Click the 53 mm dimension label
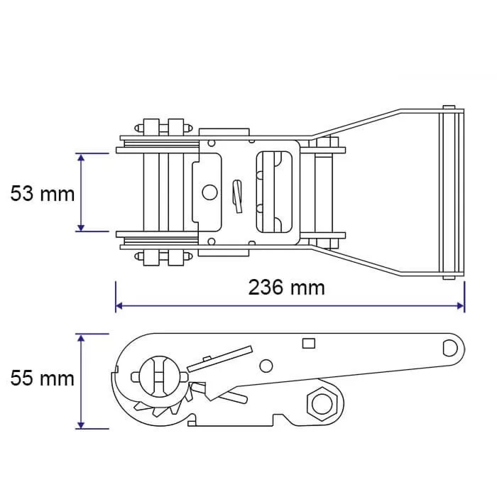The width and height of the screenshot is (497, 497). pos(43,194)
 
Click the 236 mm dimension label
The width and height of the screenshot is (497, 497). pos(287,288)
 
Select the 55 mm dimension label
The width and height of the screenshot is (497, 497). pos(43,378)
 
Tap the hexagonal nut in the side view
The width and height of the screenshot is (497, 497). pos(322,404)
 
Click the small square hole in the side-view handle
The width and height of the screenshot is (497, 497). pos(308,343)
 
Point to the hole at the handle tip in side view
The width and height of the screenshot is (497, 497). pos(450,348)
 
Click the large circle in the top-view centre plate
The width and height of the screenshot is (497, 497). pos(209,192)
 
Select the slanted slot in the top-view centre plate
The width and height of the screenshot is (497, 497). pos(237,197)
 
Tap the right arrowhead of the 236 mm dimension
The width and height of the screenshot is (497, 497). pos(460,306)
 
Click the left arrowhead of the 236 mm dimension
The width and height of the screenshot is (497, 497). pos(119,306)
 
